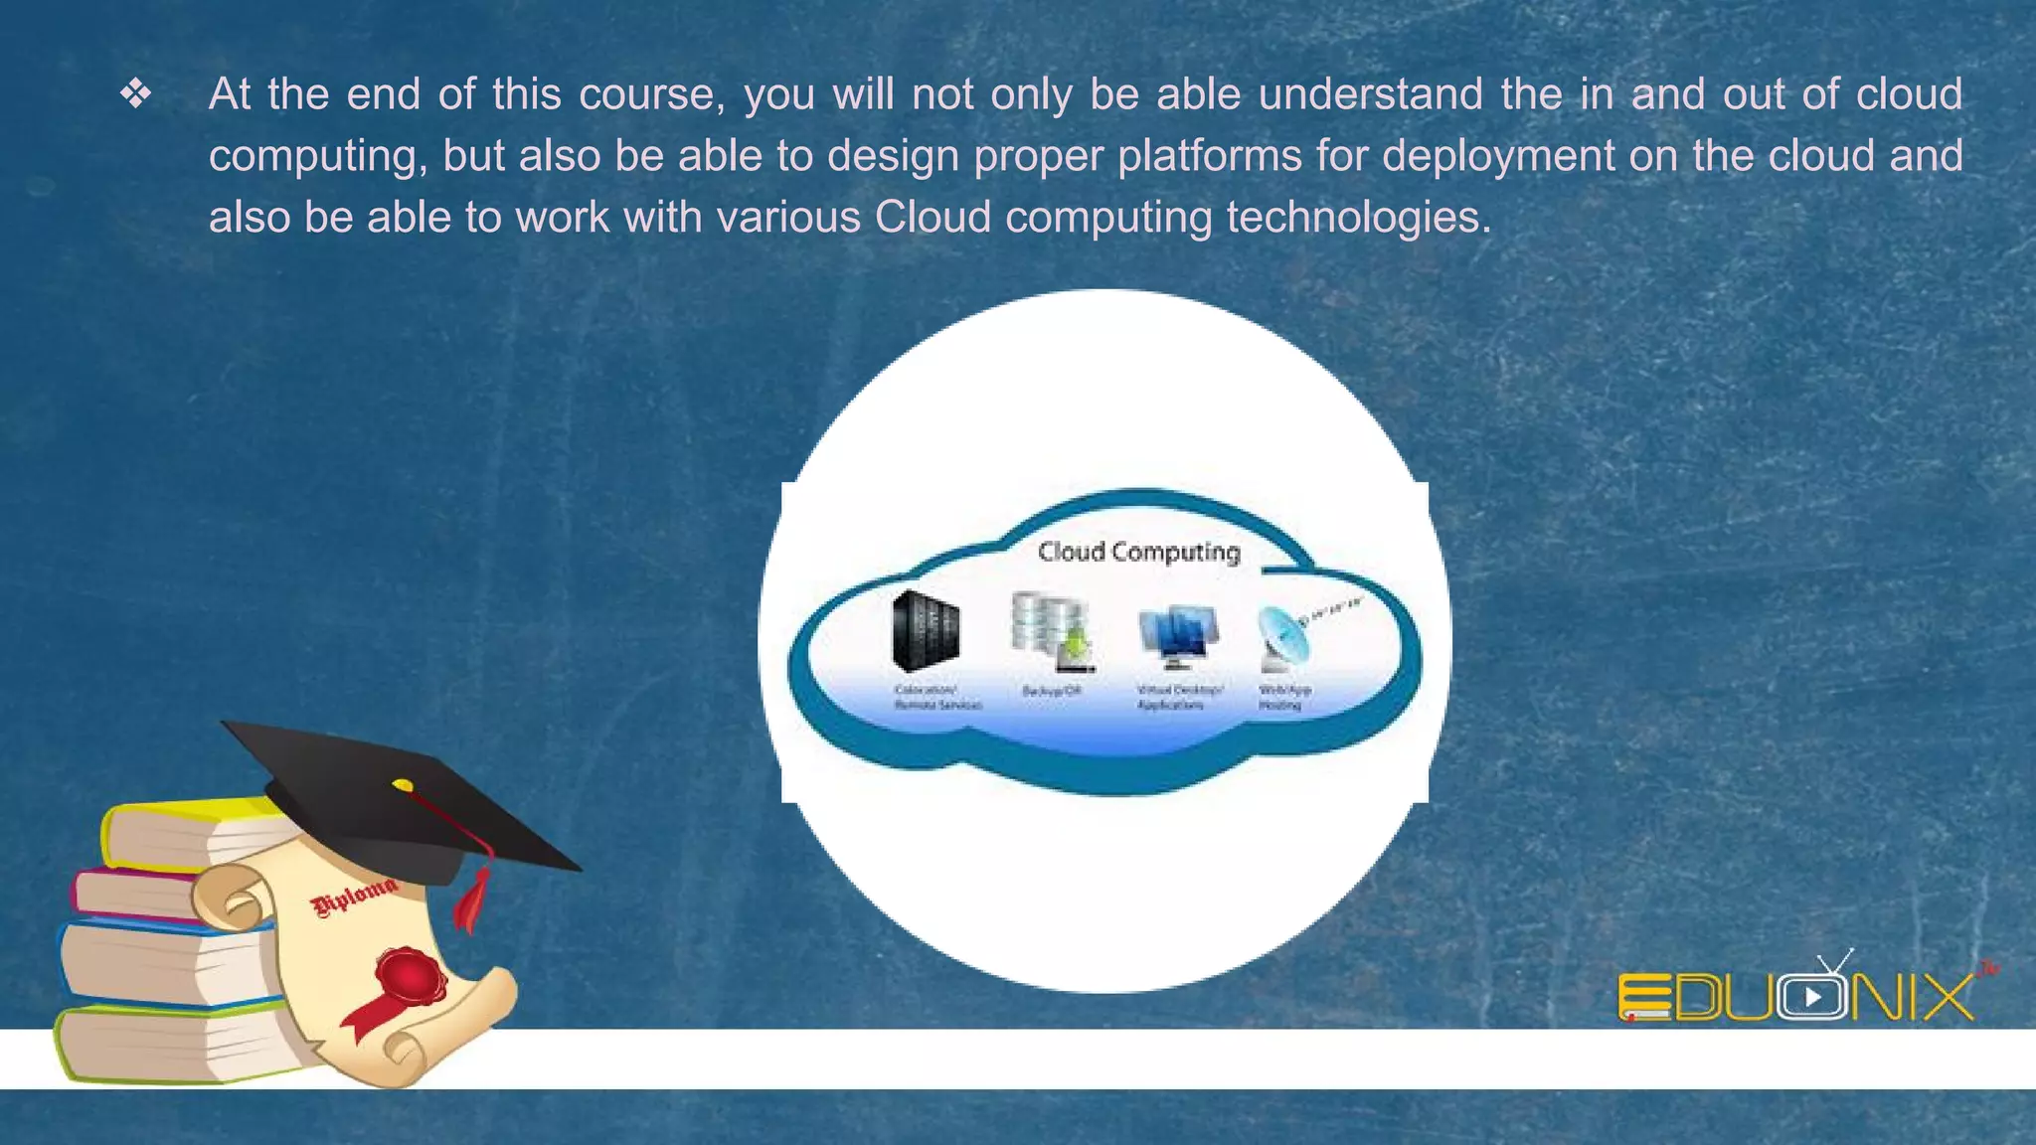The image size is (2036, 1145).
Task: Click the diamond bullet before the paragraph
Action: tap(135, 94)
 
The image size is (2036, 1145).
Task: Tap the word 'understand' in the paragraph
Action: tap(1371, 94)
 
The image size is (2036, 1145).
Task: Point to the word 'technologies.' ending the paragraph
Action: tap(1359, 218)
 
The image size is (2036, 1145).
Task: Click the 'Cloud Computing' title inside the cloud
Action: tap(1139, 552)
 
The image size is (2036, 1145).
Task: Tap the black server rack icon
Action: tap(926, 630)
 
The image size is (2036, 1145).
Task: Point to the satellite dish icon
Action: tap(1286, 636)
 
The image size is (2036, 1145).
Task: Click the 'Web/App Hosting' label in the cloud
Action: tap(1284, 697)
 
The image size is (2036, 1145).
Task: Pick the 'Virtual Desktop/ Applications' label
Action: tap(1179, 697)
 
